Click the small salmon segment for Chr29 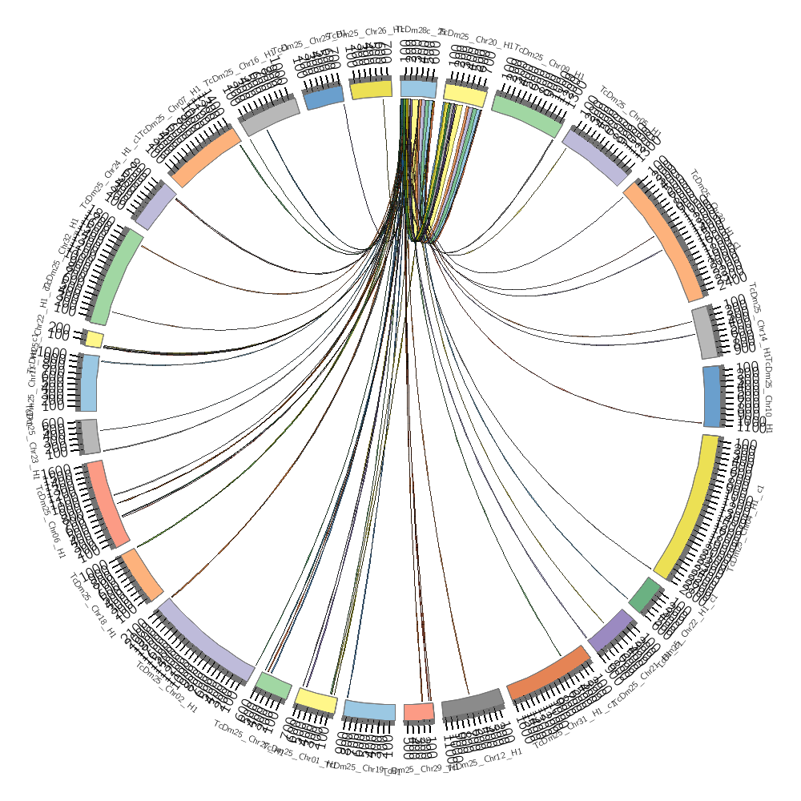[x=418, y=710]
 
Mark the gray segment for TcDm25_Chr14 [x=705, y=332]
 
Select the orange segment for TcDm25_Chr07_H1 [x=205, y=158]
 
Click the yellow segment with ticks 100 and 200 [x=95, y=339]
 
